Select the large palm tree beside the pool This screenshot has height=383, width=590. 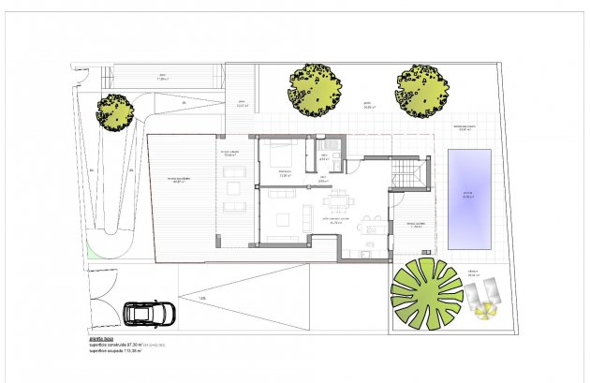[427, 294]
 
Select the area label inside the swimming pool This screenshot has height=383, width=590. [468, 197]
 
